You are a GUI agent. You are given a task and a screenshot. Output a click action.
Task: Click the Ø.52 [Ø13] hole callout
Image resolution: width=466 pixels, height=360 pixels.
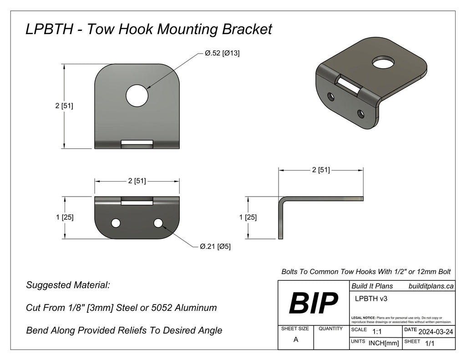(222, 53)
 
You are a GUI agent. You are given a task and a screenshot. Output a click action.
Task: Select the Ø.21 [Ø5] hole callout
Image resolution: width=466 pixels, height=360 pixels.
(215, 247)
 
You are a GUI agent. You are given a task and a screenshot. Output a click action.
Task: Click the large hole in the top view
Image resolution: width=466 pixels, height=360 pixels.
(137, 96)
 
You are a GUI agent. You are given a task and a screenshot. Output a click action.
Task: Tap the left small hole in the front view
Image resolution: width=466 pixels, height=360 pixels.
(116, 223)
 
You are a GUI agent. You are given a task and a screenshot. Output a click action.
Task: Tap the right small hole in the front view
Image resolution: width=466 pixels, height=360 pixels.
(158, 223)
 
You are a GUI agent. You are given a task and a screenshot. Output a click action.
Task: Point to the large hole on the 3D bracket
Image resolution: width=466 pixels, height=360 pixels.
(382, 62)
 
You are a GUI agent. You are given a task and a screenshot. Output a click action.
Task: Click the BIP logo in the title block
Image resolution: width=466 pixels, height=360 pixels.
(314, 303)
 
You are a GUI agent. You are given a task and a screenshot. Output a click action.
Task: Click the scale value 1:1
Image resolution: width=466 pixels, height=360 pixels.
(377, 332)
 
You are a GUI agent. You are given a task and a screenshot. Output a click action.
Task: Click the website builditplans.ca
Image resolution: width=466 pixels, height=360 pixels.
(431, 286)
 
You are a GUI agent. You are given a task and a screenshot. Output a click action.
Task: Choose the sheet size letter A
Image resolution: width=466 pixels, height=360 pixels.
(296, 340)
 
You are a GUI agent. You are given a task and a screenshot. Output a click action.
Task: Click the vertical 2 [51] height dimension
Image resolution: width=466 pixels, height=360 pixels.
(64, 106)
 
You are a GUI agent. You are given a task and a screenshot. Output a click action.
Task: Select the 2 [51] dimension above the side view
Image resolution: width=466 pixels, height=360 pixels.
(320, 170)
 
